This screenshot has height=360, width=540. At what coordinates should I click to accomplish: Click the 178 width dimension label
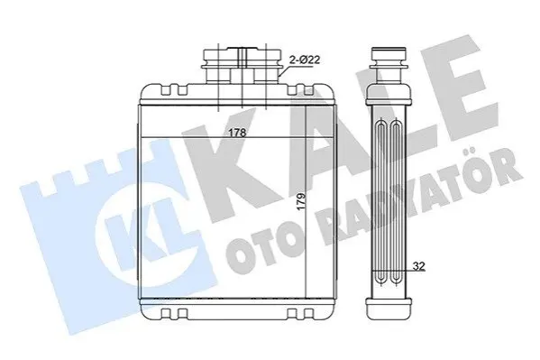click(238, 133)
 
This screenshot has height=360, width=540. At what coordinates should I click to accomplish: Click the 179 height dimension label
click(301, 202)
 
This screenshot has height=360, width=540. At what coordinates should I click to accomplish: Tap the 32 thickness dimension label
click(419, 266)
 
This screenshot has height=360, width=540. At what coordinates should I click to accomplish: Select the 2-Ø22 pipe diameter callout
click(305, 60)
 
